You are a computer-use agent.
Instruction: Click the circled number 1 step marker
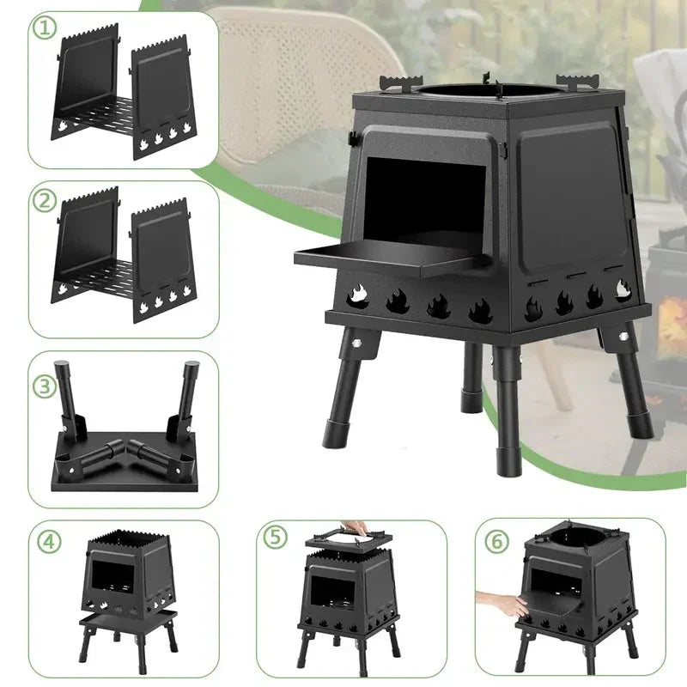click(45, 28)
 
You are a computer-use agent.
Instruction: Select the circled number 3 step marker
click(46, 386)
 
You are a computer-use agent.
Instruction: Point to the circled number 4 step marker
click(49, 542)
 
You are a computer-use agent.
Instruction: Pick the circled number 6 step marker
click(497, 542)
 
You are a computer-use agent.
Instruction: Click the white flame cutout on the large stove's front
click(357, 294)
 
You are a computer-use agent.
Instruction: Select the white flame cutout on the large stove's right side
click(623, 289)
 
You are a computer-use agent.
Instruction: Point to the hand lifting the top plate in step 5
click(354, 527)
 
